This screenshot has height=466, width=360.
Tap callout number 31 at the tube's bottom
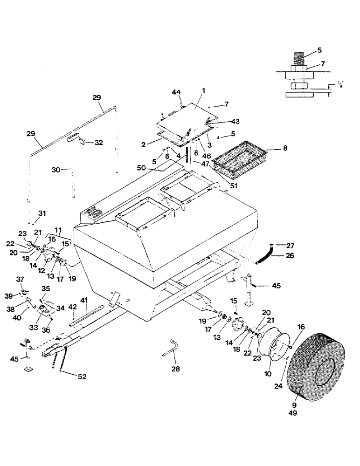pos(42,213)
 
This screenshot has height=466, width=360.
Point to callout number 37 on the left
pos(20,279)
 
